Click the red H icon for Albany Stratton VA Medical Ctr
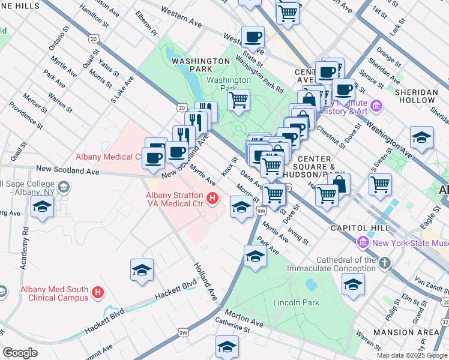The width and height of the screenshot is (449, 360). [x=211, y=197]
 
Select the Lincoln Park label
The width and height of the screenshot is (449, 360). [x=296, y=302]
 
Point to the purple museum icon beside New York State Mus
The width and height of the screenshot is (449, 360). [x=363, y=243]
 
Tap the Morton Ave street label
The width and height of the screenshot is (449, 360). [x=244, y=318]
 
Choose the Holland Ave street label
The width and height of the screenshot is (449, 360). [x=204, y=281]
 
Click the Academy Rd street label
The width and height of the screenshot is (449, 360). [x=25, y=248]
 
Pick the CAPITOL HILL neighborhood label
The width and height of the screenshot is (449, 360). [x=356, y=229]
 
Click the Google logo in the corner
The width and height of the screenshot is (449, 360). [x=20, y=353]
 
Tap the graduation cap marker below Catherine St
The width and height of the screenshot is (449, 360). [x=226, y=347]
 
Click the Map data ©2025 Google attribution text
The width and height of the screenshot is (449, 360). [x=411, y=355]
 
